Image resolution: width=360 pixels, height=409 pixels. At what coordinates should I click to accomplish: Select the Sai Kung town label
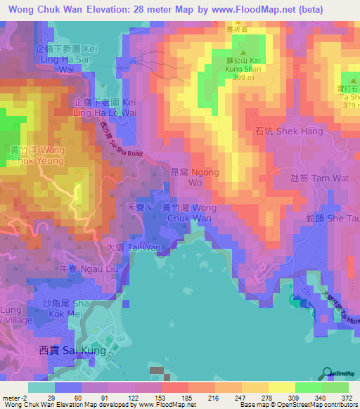(72, 350)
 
